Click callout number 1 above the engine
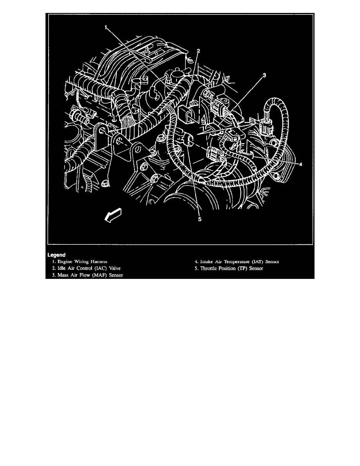(x=106, y=27)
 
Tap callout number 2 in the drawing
(x=199, y=51)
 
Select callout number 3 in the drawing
(x=264, y=76)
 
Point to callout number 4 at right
(x=300, y=164)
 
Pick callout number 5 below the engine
(x=199, y=220)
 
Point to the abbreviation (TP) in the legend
(x=242, y=268)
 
